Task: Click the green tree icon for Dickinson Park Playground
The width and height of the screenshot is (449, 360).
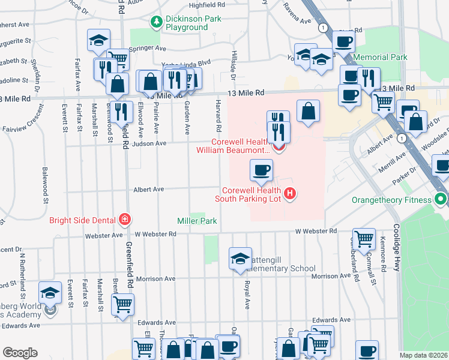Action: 157,22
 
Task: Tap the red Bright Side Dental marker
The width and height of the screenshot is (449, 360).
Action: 125,220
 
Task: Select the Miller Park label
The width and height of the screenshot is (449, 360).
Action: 196,221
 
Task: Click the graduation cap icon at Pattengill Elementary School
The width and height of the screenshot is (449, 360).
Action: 240,259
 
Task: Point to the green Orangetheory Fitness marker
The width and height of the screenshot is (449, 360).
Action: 442,199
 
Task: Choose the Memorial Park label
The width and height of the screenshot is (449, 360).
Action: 381,58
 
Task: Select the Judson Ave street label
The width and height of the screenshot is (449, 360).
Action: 152,143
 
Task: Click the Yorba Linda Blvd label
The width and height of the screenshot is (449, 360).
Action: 186,62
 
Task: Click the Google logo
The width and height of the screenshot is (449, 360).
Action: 20,352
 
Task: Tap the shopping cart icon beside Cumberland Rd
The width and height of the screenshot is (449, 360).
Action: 364,239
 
